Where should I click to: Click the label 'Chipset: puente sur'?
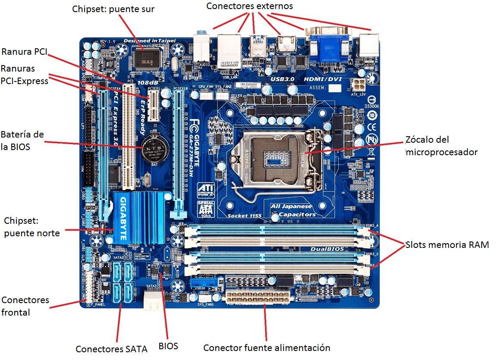click(113, 9)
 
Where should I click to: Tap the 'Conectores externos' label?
click(249, 6)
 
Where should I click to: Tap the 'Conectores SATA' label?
click(111, 349)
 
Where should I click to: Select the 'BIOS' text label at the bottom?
click(168, 346)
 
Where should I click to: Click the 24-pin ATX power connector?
click(257, 297)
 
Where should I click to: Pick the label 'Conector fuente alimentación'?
click(267, 347)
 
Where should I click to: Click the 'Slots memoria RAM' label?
click(447, 245)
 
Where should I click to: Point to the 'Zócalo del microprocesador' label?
click(441, 146)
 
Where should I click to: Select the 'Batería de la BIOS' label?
click(22, 140)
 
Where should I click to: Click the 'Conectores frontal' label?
click(25, 306)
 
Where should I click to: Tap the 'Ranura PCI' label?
click(24, 52)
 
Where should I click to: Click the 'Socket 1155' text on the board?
click(244, 215)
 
